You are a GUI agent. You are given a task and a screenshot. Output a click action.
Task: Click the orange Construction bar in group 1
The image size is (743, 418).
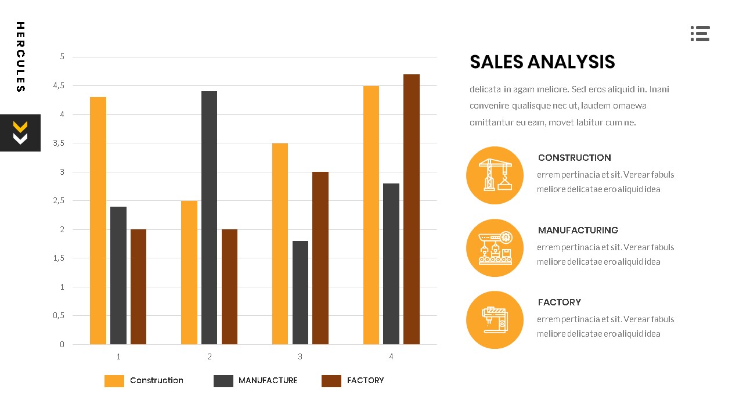[98, 221]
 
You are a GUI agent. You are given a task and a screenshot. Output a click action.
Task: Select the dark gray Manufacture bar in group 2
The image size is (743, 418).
[209, 218]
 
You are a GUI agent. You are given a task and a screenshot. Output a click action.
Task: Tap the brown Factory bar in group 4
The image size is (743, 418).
[411, 209]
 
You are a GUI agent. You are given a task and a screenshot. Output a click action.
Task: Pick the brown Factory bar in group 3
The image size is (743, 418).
[320, 258]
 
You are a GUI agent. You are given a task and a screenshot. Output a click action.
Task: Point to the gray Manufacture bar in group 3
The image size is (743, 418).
[300, 293]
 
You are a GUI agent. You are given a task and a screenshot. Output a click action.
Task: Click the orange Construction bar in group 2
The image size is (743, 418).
[189, 272]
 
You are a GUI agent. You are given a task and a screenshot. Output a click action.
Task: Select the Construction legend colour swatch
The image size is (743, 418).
[114, 381]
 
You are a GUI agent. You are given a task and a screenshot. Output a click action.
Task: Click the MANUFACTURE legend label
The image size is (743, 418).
[268, 380]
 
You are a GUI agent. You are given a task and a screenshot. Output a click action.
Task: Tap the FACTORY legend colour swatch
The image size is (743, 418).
[331, 381]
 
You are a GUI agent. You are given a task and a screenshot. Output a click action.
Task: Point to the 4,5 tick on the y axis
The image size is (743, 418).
[59, 86]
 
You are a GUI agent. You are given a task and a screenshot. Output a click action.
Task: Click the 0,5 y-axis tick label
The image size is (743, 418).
[59, 316]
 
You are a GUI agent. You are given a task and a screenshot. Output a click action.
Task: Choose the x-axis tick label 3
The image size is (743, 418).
[300, 356]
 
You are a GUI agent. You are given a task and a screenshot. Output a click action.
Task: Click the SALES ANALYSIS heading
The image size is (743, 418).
[542, 62]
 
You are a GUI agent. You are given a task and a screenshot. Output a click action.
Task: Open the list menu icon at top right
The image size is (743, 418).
[700, 34]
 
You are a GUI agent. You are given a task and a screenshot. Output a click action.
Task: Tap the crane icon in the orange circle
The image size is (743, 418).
[495, 175]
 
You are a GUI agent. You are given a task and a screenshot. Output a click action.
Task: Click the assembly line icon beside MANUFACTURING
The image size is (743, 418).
[495, 248]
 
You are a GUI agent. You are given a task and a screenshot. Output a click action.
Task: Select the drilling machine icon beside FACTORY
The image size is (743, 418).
[495, 320]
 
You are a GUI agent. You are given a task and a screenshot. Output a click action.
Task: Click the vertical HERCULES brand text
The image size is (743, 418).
[20, 57]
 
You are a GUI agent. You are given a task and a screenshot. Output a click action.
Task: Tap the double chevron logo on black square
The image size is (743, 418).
[20, 133]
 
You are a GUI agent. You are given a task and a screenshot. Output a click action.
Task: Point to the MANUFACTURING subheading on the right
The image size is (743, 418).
[578, 230]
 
